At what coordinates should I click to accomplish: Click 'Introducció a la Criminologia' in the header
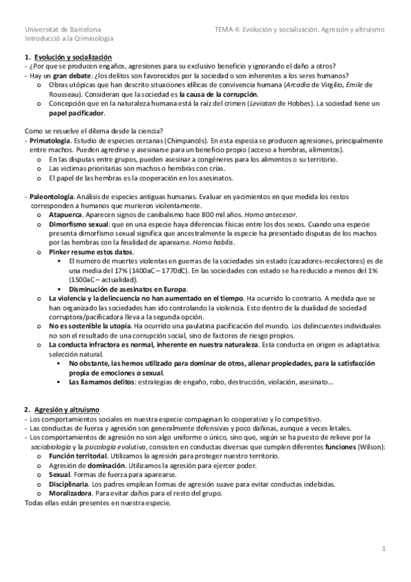point(69,40)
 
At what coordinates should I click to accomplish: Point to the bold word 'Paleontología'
point(51,195)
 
